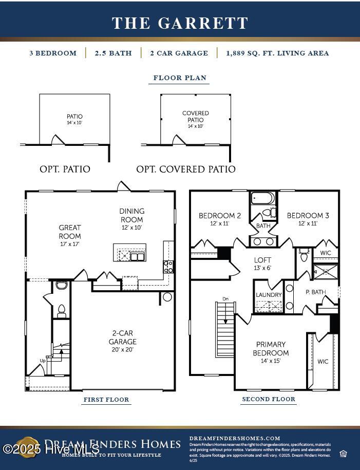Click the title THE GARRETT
pyautogui.click(x=180, y=23)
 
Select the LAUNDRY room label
pyautogui.click(x=269, y=295)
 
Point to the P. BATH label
pyautogui.click(x=315, y=292)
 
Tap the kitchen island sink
pyautogui.click(x=137, y=256)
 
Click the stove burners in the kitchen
pyautogui.click(x=168, y=266)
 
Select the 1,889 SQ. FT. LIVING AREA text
pyautogui.click(x=277, y=53)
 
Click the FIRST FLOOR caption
pyautogui.click(x=106, y=400)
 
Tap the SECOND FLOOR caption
pyautogui.click(x=269, y=399)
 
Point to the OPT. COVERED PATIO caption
pyautogui.click(x=186, y=169)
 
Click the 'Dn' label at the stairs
pyautogui.click(x=225, y=299)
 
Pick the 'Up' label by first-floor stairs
pyautogui.click(x=42, y=361)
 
